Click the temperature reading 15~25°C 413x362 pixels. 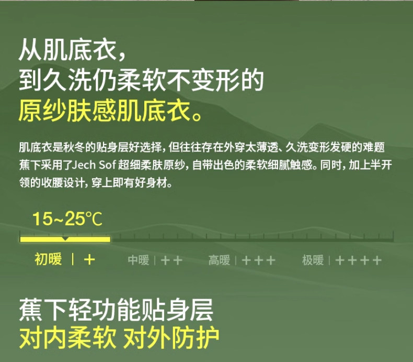click(x=67, y=219)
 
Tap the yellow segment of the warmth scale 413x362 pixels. click(x=65, y=239)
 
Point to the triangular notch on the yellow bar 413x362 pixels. click(x=65, y=238)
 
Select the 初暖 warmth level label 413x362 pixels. click(x=48, y=259)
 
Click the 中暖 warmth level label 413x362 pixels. click(x=139, y=260)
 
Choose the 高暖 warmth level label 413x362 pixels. click(x=219, y=260)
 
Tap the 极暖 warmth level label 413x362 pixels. click(x=313, y=260)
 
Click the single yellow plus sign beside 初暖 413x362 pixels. click(x=89, y=260)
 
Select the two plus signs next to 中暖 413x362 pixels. click(x=171, y=260)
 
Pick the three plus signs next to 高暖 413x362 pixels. click(x=258, y=260)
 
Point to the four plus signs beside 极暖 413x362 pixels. click(x=359, y=260)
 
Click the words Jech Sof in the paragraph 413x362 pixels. click(x=94, y=165)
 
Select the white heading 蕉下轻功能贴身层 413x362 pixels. click(x=116, y=310)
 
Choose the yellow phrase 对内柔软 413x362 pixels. click(x=67, y=338)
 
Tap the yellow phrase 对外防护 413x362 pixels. click(x=171, y=338)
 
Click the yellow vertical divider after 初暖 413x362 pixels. click(x=73, y=259)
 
